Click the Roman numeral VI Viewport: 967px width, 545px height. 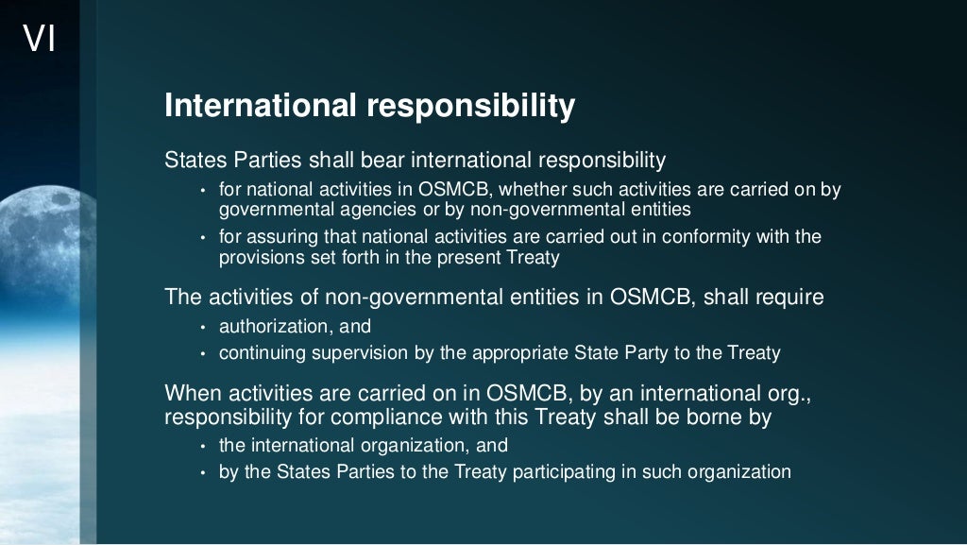click(x=39, y=40)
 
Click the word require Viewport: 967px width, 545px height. click(x=787, y=298)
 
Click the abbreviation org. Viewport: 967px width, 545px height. click(x=787, y=393)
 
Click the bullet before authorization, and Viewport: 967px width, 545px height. click(x=203, y=328)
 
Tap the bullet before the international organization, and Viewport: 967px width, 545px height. click(x=203, y=447)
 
